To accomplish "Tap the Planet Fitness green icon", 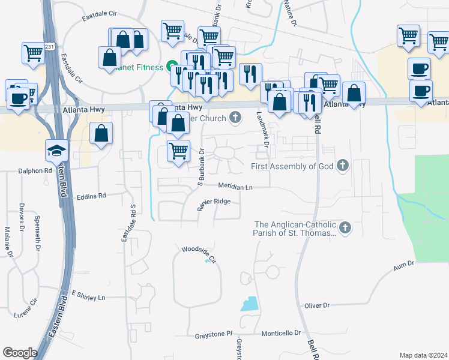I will pyautogui.click(x=171, y=67).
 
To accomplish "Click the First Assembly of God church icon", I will pyautogui.click(x=343, y=166).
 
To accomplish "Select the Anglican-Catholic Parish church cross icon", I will pyautogui.click(x=345, y=227).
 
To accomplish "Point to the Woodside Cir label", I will pyautogui.click(x=199, y=249).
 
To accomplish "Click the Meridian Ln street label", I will pyautogui.click(x=235, y=187).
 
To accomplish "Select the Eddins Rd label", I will pyautogui.click(x=92, y=196).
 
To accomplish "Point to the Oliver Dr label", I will pyautogui.click(x=317, y=305).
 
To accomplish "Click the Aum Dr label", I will pyautogui.click(x=403, y=265).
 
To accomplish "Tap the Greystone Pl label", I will pyautogui.click(x=213, y=334).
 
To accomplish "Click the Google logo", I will pyautogui.click(x=20, y=353).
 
